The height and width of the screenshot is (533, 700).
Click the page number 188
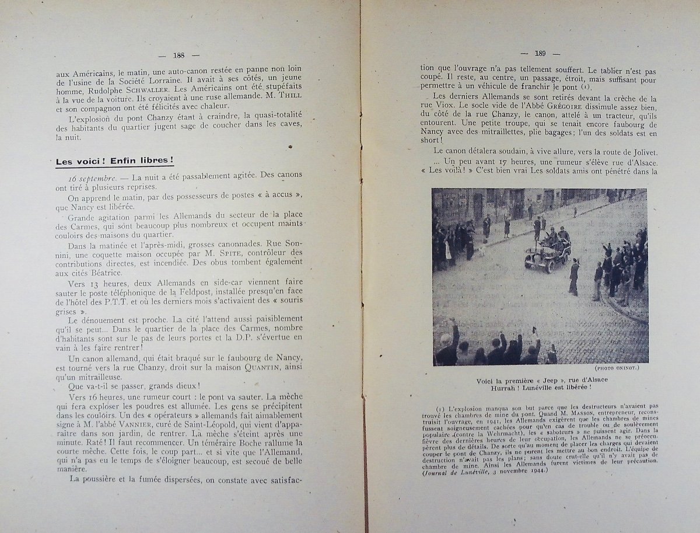(x=178, y=56)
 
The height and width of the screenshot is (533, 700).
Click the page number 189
(x=540, y=54)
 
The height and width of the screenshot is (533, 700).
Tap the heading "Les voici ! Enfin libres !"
(x=114, y=161)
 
